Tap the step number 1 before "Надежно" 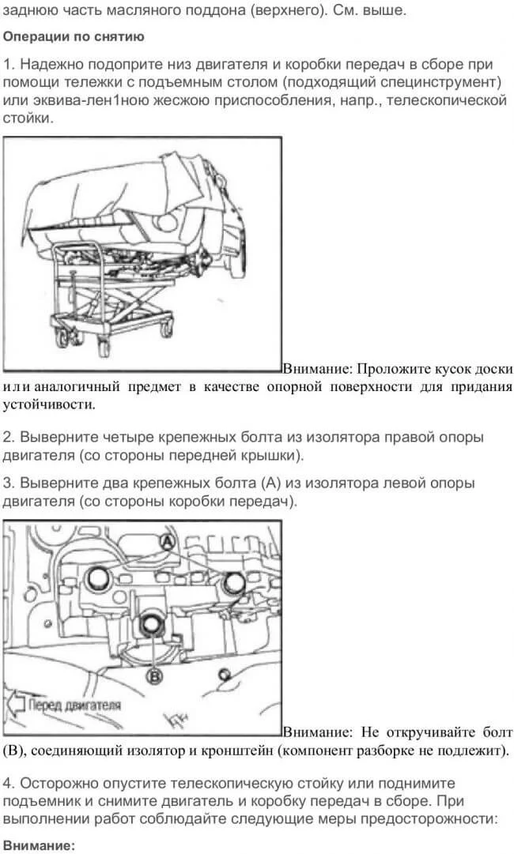[7, 64]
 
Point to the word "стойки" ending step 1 [27, 119]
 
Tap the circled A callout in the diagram [168, 541]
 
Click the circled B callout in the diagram [155, 676]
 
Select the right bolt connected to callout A [234, 583]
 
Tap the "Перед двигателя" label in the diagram [74, 705]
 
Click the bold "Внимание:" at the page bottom [38, 846]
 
